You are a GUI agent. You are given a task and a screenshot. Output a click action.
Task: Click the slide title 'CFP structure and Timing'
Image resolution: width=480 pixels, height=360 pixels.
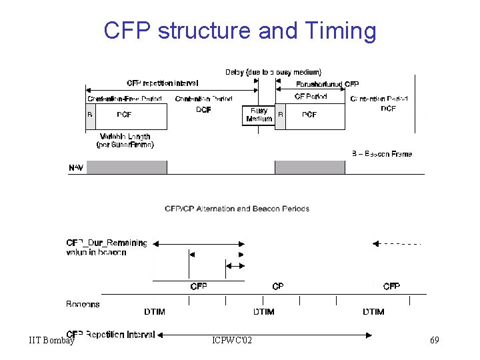click(x=240, y=31)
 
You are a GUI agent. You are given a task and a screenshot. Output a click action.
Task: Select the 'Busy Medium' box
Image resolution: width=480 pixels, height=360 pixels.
click(x=259, y=115)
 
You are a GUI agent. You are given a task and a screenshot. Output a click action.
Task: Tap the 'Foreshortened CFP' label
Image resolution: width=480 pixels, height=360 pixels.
click(x=327, y=84)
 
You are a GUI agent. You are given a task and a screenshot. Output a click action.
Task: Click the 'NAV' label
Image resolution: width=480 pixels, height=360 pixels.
click(x=76, y=167)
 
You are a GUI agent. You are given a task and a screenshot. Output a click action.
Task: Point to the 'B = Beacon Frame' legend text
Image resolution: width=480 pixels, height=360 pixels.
click(x=382, y=154)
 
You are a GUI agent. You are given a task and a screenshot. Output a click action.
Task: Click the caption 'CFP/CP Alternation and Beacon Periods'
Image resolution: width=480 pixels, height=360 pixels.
click(x=237, y=209)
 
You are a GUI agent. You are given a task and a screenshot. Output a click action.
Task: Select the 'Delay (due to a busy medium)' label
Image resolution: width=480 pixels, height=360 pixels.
click(x=273, y=72)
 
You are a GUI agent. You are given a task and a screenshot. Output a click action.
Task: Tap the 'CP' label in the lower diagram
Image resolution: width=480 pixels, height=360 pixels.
click(x=278, y=286)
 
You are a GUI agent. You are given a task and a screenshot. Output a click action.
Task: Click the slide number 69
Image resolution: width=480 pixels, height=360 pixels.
click(x=435, y=341)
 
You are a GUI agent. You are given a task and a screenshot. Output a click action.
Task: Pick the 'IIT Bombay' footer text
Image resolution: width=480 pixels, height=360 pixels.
click(x=51, y=341)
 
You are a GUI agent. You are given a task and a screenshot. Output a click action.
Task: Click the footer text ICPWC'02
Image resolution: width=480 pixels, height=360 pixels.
click(x=232, y=341)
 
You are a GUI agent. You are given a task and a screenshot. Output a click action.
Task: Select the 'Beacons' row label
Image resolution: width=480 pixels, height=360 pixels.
click(x=83, y=304)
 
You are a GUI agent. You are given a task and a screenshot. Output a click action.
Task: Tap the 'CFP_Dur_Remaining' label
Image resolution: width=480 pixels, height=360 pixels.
click(x=107, y=243)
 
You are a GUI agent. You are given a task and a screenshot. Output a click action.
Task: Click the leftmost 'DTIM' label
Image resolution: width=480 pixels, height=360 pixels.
click(x=155, y=311)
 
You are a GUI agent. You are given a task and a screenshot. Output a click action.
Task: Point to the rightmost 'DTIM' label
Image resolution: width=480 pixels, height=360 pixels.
click(x=373, y=311)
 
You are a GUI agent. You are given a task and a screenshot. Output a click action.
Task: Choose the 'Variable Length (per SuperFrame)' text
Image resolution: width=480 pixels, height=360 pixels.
click(x=125, y=140)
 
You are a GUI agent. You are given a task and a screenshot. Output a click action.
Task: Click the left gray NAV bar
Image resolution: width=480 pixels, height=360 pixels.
click(x=127, y=167)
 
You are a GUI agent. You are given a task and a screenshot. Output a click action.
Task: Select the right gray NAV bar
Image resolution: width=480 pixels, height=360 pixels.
click(x=309, y=167)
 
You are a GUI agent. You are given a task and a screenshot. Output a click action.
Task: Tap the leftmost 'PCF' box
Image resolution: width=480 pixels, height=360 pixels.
click(x=125, y=115)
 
